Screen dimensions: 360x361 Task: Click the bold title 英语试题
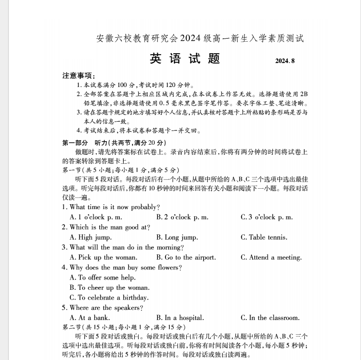pos(185,59)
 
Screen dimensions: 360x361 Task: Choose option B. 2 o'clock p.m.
pos(182,217)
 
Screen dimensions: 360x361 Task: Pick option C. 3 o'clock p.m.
pos(267,217)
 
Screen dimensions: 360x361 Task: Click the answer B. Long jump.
pos(177,237)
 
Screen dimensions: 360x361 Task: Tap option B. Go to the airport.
pos(186,257)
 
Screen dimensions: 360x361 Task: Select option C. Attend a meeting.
pos(271,257)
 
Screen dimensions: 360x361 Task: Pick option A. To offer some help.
pos(103,277)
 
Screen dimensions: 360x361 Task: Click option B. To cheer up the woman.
pos(110,288)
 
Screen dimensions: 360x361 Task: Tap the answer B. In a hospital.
pos(180,318)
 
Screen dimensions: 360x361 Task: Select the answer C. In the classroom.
pos(270,318)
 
